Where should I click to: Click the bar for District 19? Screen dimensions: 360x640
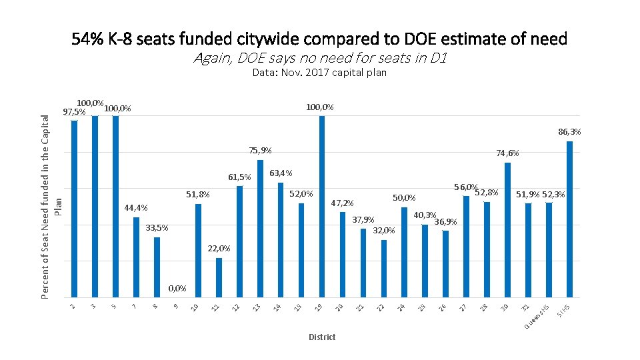click(x=322, y=207)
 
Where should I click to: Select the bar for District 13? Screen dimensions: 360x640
click(x=260, y=229)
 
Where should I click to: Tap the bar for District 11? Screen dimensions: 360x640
click(x=219, y=277)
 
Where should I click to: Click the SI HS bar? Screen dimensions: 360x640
click(x=569, y=219)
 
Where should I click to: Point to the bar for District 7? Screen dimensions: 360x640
click(x=136, y=257)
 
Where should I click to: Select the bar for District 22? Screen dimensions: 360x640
click(x=384, y=269)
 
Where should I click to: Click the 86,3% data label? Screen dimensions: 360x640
click(x=569, y=132)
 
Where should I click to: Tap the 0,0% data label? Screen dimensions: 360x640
click(x=177, y=289)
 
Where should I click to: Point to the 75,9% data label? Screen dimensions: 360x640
click(x=260, y=151)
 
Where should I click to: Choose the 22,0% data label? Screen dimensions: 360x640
click(x=219, y=249)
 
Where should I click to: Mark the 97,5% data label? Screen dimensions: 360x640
click(x=73, y=112)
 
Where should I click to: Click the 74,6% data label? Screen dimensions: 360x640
click(x=507, y=153)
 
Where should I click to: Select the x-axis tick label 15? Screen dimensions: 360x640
click(x=299, y=307)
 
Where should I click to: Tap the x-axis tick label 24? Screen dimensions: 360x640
click(x=401, y=307)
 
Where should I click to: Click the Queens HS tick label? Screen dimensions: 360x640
click(x=537, y=317)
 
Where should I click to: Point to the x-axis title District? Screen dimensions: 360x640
click(x=322, y=337)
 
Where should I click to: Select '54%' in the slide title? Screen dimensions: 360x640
click(x=87, y=39)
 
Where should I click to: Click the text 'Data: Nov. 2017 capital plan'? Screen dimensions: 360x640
click(x=319, y=73)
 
